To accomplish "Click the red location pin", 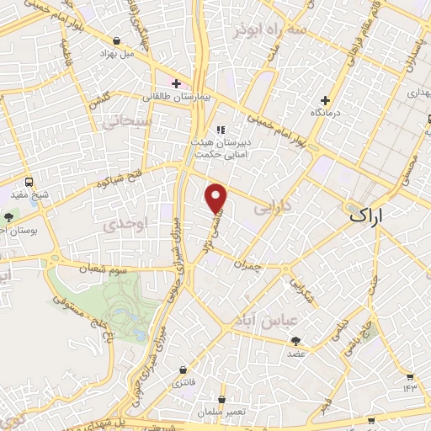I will click(x=217, y=196).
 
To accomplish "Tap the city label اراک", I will click(x=370, y=215).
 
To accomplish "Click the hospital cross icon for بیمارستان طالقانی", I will click(x=175, y=83).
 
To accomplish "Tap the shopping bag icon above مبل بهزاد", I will click(x=116, y=40).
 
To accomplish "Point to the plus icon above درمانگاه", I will click(x=325, y=100).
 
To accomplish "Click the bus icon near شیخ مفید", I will click(x=29, y=182).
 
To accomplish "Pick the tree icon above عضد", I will click(x=295, y=340).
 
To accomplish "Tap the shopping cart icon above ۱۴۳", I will click(x=410, y=375).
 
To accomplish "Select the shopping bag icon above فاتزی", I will click(x=183, y=370).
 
